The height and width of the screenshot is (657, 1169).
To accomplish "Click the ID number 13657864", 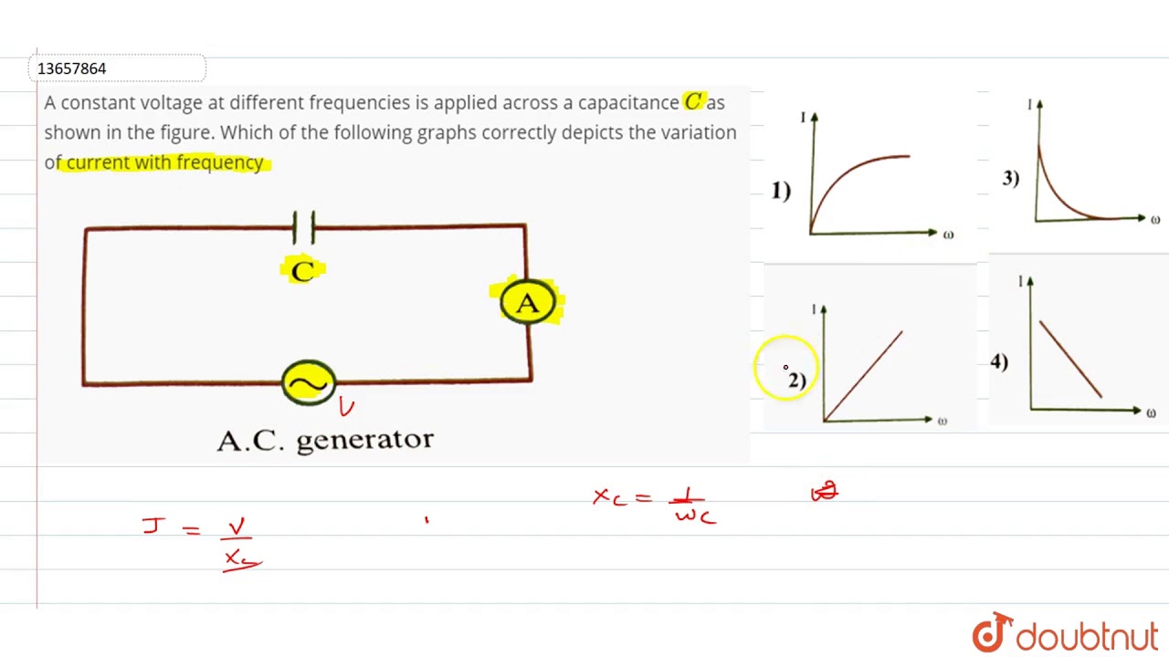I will [71, 68].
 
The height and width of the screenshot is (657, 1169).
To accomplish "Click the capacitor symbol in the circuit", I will [304, 227].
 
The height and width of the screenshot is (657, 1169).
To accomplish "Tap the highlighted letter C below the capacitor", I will [302, 270].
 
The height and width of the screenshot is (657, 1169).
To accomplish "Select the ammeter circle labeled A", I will [528, 303].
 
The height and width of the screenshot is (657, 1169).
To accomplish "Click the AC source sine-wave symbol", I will [309, 383].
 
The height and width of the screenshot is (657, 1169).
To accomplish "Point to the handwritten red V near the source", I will [345, 407].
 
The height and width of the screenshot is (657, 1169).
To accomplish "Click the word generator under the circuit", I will [364, 440].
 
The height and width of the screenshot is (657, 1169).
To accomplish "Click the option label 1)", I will [781, 191].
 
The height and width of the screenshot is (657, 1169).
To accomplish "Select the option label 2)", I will [796, 381].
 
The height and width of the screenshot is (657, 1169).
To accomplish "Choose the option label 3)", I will [1010, 178].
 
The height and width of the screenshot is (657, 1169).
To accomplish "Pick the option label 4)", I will [999, 362].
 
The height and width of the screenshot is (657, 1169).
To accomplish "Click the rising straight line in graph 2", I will [863, 376].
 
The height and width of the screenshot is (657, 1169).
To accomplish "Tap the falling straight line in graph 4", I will [1070, 359].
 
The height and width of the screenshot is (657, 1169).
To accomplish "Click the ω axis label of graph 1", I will [948, 235].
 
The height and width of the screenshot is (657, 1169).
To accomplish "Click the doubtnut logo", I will [1065, 634].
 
